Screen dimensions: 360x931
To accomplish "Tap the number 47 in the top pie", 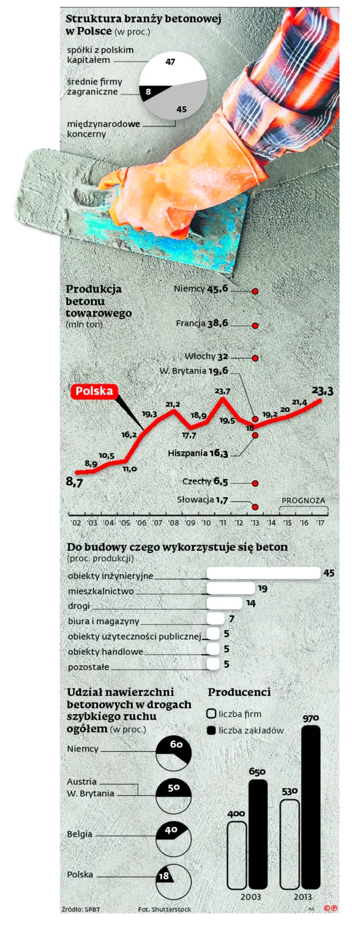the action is (170, 61).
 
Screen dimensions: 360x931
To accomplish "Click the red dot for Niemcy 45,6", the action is (255, 292).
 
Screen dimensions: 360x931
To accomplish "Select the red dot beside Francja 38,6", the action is (255, 326).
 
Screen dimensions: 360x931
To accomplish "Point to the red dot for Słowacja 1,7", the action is (255, 507).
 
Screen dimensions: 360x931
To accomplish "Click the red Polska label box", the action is (94, 391).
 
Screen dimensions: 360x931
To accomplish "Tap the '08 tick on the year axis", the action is (173, 522).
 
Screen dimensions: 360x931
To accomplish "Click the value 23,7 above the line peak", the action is (223, 391).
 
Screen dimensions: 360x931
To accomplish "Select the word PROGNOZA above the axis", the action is (304, 500).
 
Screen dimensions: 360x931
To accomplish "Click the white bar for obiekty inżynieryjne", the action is (264, 573).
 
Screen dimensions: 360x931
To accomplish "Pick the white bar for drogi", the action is (224, 603).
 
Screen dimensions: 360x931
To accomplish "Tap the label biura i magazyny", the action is (104, 621).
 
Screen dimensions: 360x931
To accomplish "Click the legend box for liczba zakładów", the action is (211, 730).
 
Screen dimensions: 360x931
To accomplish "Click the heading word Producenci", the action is (239, 692).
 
